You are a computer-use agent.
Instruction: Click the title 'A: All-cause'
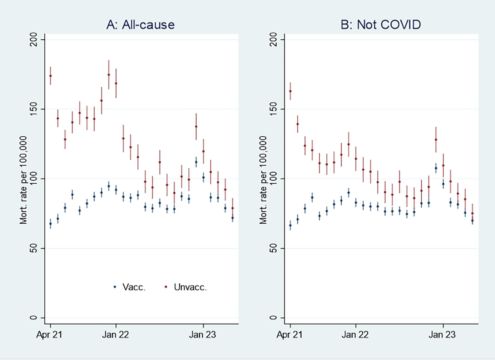coord(140,25)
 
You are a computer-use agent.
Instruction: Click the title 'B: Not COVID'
coord(381,25)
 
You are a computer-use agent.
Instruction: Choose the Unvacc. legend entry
coord(186,287)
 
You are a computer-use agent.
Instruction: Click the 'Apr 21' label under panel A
coord(49,335)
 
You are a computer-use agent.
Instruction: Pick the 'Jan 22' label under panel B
coord(355,335)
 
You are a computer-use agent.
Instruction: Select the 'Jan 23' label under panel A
coord(202,335)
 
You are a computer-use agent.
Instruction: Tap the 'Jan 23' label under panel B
coord(442,335)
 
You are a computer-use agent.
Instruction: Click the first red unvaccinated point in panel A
coord(51,76)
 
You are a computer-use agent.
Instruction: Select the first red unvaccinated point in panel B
coord(290,91)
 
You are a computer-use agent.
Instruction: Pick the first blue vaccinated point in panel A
coord(51,224)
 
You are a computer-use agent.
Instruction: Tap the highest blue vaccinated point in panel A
coord(196,162)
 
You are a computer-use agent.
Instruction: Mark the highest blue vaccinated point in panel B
coord(436,168)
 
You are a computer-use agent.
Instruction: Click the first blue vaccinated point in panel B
coord(290,225)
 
